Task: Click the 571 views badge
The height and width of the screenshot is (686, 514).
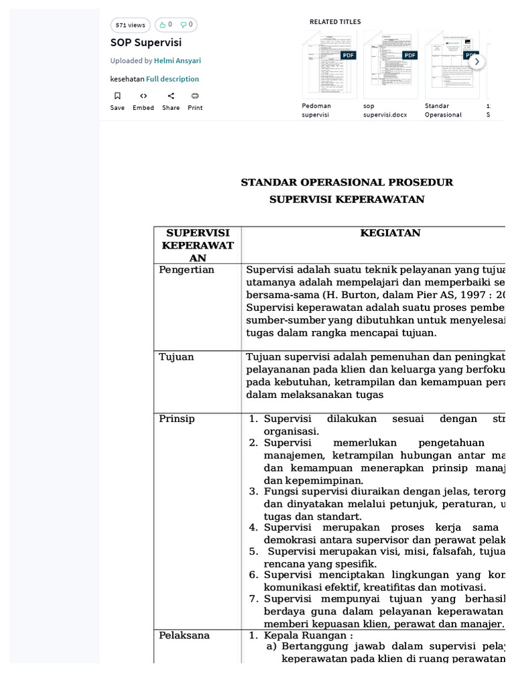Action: tap(130, 25)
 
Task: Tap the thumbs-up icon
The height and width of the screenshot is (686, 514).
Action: tap(162, 25)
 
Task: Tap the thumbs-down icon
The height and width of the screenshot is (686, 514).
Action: tap(183, 25)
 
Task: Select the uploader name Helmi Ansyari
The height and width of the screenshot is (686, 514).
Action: tap(177, 60)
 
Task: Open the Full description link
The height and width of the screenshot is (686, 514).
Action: tap(173, 79)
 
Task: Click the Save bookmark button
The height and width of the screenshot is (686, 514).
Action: tap(117, 100)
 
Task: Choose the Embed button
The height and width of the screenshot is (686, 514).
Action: tap(143, 100)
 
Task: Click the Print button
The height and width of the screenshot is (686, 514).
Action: tap(195, 100)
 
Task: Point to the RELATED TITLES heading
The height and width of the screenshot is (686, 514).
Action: tap(335, 22)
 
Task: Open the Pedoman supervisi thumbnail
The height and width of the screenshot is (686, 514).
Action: tap(329, 64)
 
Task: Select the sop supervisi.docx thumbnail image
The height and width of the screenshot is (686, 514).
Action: tap(390, 64)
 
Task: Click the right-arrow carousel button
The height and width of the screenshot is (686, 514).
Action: tap(477, 62)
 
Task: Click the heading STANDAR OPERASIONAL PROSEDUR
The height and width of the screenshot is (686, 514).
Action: tap(347, 182)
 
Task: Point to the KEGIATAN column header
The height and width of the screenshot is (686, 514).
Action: tap(390, 233)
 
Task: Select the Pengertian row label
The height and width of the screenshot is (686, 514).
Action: tap(187, 270)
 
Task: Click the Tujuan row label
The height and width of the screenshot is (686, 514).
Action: tap(177, 357)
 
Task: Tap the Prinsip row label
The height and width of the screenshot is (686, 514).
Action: tap(177, 419)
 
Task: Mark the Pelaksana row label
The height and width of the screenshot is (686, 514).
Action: tap(184, 635)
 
